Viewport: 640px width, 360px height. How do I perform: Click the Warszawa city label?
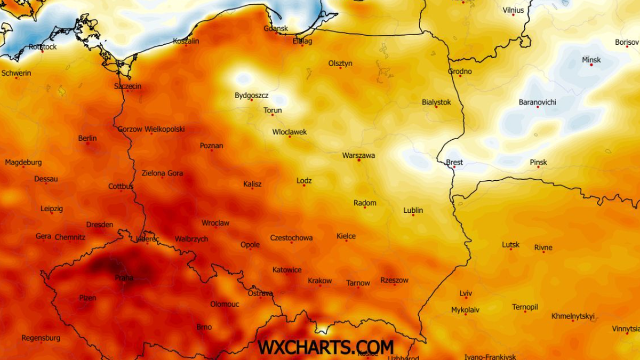[x=358, y=156]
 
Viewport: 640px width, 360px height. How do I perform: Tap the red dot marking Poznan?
[x=212, y=150]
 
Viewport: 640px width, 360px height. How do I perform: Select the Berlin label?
[x=87, y=138]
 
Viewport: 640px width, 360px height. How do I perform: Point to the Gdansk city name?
[x=276, y=28]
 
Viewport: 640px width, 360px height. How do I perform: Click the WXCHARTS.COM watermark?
[x=325, y=347]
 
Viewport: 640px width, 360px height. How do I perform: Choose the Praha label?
[x=124, y=278]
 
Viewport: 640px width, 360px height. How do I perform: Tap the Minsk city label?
[x=591, y=60]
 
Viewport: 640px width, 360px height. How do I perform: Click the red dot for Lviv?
[x=465, y=299]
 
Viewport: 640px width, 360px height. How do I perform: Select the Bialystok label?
[x=436, y=102]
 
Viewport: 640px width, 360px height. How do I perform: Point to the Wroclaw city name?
[x=215, y=223]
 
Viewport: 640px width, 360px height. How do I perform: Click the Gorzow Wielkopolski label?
[x=151, y=129]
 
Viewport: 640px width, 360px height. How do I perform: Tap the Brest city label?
[x=454, y=162]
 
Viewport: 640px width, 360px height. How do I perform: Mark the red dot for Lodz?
[x=304, y=186]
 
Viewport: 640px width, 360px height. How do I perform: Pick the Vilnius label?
[x=513, y=10]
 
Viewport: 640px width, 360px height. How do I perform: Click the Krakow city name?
[x=319, y=281]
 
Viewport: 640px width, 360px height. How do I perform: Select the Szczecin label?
[x=128, y=86]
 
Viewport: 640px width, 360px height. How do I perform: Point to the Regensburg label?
[x=41, y=338]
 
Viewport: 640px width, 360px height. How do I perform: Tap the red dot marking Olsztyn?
[x=340, y=68]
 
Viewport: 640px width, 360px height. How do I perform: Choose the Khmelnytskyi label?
[x=573, y=316]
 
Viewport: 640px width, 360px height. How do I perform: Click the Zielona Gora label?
[x=162, y=173]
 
